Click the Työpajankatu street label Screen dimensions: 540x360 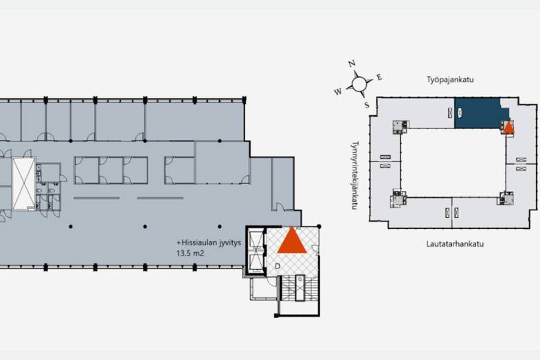[450, 80]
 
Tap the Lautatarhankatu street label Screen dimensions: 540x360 [455, 244]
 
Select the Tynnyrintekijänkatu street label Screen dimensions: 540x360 [355, 175]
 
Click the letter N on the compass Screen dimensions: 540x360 [352, 64]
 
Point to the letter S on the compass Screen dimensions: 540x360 [367, 105]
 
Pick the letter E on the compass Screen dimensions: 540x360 [379, 77]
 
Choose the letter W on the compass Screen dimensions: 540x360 [338, 91]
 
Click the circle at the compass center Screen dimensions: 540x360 [359, 84]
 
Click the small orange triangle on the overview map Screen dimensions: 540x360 [508, 128]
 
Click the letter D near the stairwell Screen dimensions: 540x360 [278, 267]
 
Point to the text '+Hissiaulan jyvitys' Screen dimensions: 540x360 [209, 243]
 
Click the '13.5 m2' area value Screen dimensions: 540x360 [190, 254]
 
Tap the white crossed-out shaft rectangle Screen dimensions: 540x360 [24, 183]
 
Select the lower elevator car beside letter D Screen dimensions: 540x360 [256, 262]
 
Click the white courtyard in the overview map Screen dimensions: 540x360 [453, 164]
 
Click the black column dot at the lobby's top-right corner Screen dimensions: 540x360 [319, 226]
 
